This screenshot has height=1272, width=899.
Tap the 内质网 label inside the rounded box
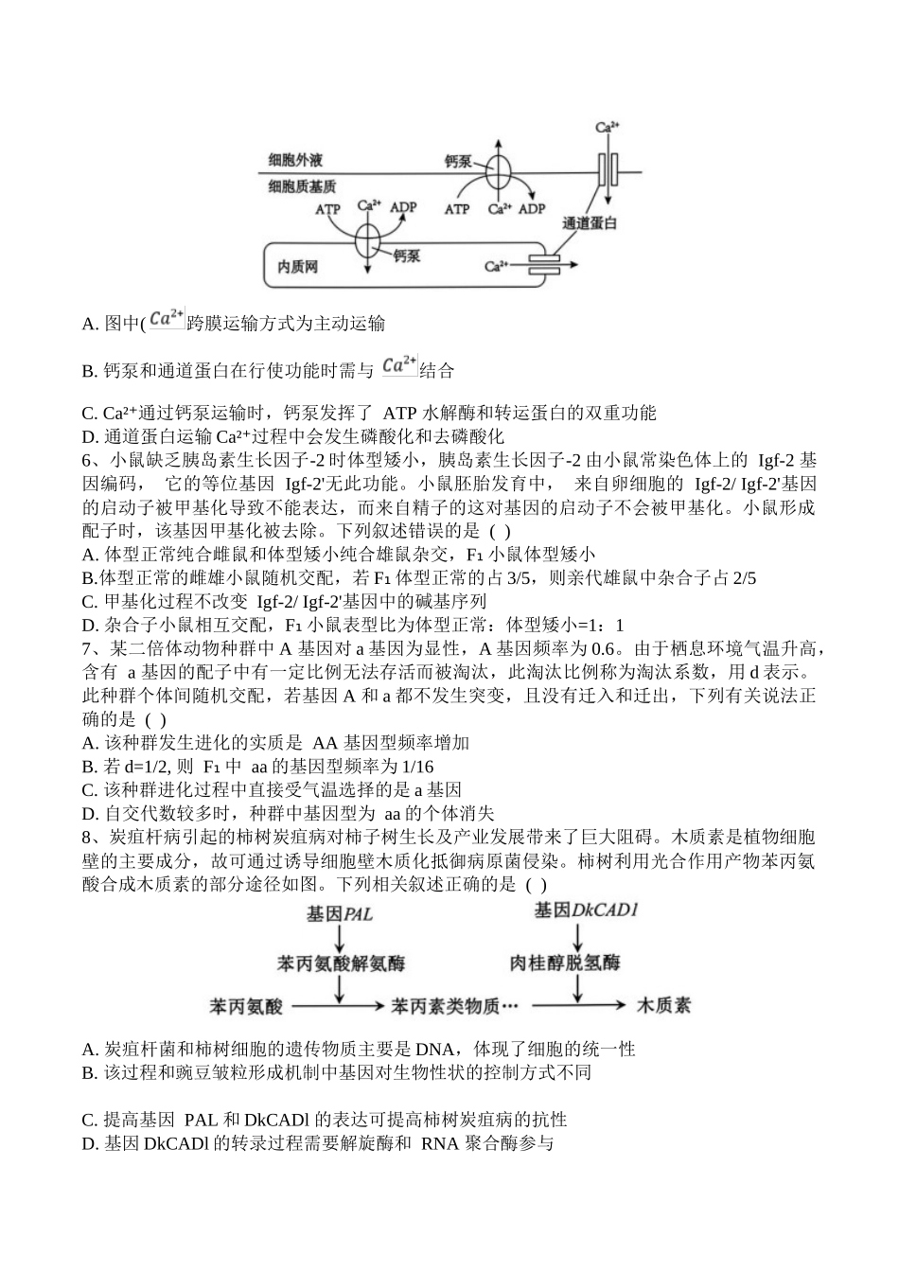click(297, 267)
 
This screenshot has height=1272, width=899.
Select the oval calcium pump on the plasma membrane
click(499, 173)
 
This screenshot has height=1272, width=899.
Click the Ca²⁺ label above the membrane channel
click(607, 126)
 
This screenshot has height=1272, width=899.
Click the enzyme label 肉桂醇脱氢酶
click(565, 963)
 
